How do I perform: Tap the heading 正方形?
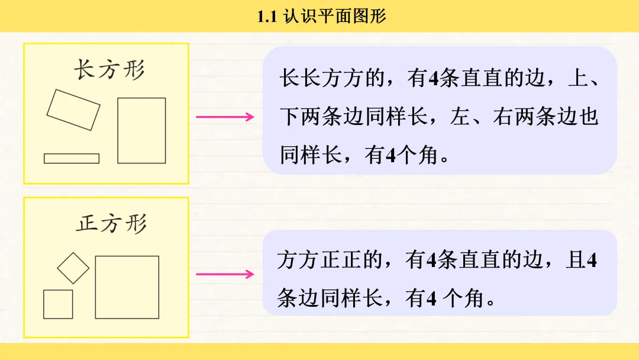tap(111, 224)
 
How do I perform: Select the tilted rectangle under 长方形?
tap(73, 110)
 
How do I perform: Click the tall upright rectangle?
tap(141, 130)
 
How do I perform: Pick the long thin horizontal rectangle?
tap(72, 158)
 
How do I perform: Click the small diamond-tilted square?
tap(73, 268)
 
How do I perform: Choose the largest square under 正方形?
tap(127, 287)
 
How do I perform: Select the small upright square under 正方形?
tap(58, 304)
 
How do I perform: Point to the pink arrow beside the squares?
tap(225, 274)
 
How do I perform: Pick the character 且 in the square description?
tap(575, 261)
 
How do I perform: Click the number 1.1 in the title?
tap(267, 16)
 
